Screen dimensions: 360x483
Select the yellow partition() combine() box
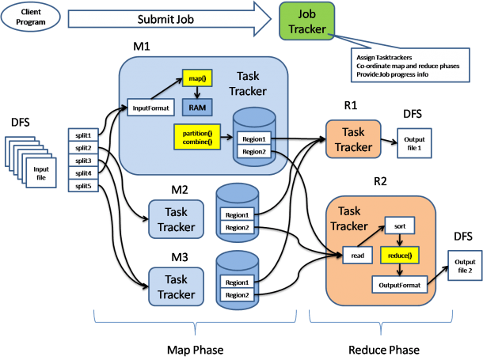[195, 135]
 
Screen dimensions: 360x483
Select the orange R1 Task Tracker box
[352, 139]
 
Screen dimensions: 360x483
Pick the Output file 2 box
[465, 265]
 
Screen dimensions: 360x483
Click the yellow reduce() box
[401, 255]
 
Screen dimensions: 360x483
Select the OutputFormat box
[400, 282]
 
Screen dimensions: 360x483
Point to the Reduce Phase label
[383, 349]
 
